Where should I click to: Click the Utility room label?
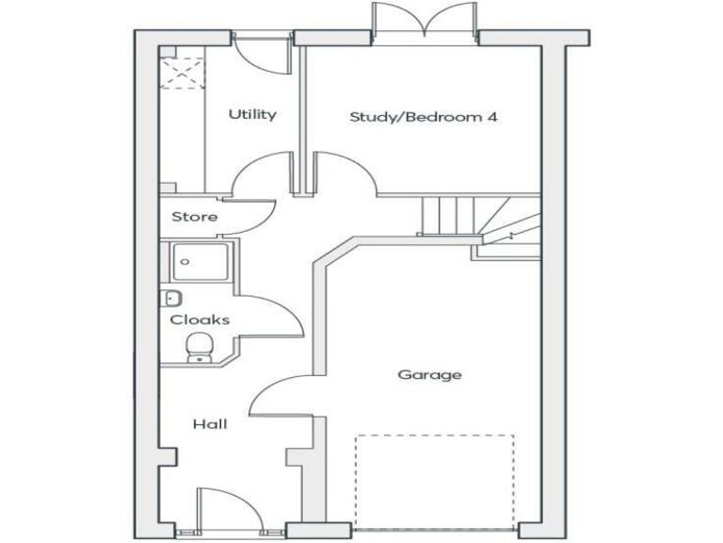pyautogui.click(x=252, y=114)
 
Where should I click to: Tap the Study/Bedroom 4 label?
pyautogui.click(x=423, y=117)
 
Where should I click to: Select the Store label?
pyautogui.click(x=194, y=217)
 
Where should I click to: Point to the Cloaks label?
pyautogui.click(x=200, y=320)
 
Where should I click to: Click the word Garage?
pyautogui.click(x=429, y=374)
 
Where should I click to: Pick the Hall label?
pyautogui.click(x=210, y=424)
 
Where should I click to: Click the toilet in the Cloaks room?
pyautogui.click(x=199, y=347)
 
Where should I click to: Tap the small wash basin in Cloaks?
pyautogui.click(x=172, y=299)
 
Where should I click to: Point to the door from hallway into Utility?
pyautogui.click(x=263, y=173)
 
